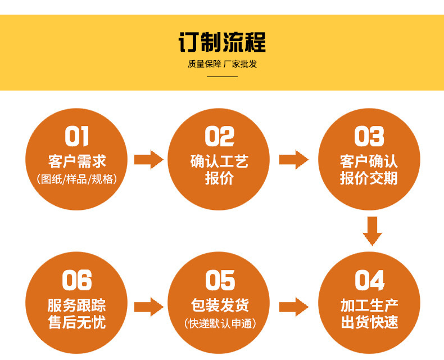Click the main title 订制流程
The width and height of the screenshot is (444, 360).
click(x=222, y=43)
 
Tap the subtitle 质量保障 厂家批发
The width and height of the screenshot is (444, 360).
click(x=222, y=64)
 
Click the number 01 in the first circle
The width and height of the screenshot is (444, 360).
click(x=77, y=137)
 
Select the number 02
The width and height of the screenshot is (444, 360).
click(x=219, y=137)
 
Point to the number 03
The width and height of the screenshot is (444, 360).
click(x=369, y=137)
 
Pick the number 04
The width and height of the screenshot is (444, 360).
click(x=369, y=281)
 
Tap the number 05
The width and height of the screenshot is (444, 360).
click(x=219, y=281)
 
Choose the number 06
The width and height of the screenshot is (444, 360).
click(x=77, y=281)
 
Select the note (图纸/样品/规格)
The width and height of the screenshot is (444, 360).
click(x=77, y=179)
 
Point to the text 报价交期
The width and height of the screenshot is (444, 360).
click(x=369, y=179)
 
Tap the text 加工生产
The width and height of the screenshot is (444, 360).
click(x=369, y=305)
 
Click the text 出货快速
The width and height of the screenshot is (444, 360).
click(x=369, y=323)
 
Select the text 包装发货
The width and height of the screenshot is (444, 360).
click(x=219, y=305)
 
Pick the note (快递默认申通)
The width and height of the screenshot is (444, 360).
click(x=219, y=323)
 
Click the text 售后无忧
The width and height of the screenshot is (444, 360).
click(x=77, y=323)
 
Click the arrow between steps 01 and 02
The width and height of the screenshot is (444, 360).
click(x=148, y=160)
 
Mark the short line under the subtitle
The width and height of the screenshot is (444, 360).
click(x=222, y=76)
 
